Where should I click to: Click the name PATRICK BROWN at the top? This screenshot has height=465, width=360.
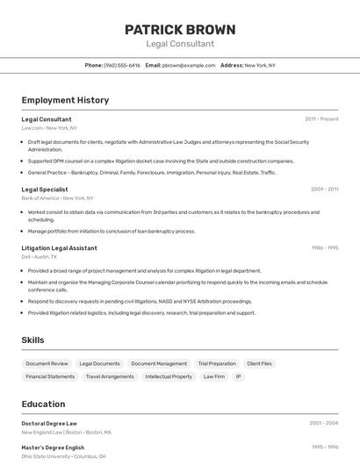click(x=179, y=29)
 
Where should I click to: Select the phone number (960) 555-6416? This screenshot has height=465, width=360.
click(x=122, y=65)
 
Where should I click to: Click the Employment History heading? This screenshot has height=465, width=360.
click(x=65, y=100)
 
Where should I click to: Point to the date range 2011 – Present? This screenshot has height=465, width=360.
click(x=321, y=118)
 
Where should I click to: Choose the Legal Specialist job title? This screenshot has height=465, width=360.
click(x=44, y=189)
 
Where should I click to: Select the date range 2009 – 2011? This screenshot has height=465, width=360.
click(x=324, y=189)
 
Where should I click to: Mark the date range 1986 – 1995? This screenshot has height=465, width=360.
click(x=324, y=248)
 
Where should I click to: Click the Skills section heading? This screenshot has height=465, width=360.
click(x=32, y=340)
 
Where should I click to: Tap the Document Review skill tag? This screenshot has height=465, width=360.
click(x=47, y=363)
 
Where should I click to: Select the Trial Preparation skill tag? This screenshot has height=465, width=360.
click(x=217, y=363)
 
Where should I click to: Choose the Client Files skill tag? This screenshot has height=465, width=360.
click(x=259, y=363)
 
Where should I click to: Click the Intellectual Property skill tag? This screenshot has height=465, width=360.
click(x=169, y=376)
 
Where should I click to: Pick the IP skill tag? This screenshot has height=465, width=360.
click(x=238, y=376)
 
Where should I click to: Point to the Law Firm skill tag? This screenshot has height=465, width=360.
click(x=214, y=376)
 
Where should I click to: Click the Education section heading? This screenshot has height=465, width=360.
click(x=43, y=404)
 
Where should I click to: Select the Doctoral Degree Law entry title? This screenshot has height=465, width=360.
click(x=49, y=423)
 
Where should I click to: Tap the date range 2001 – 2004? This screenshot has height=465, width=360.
click(x=323, y=423)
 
